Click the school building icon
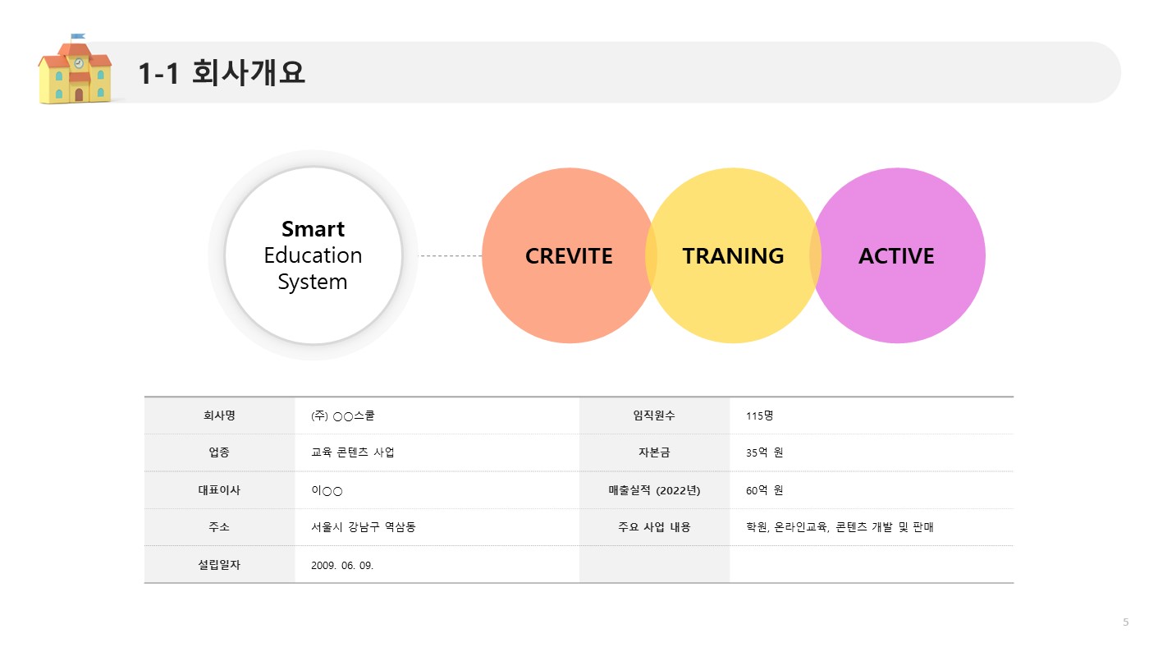[75, 69]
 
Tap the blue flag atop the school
[77, 36]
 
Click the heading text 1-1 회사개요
[222, 72]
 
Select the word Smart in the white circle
[313, 229]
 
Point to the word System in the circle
[312, 282]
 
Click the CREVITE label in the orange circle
[569, 256]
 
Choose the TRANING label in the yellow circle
[733, 256]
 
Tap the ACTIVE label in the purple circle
[896, 256]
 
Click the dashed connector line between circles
[450, 255]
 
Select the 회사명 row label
[219, 416]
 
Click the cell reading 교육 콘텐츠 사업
[353, 452]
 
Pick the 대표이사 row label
[219, 490]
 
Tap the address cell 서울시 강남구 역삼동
[364, 527]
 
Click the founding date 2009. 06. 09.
[342, 565]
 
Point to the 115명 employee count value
[759, 416]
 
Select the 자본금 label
[654, 452]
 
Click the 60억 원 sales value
[764, 490]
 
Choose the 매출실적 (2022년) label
[654, 490]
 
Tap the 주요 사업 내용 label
[654, 527]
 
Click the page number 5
[1125, 622]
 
